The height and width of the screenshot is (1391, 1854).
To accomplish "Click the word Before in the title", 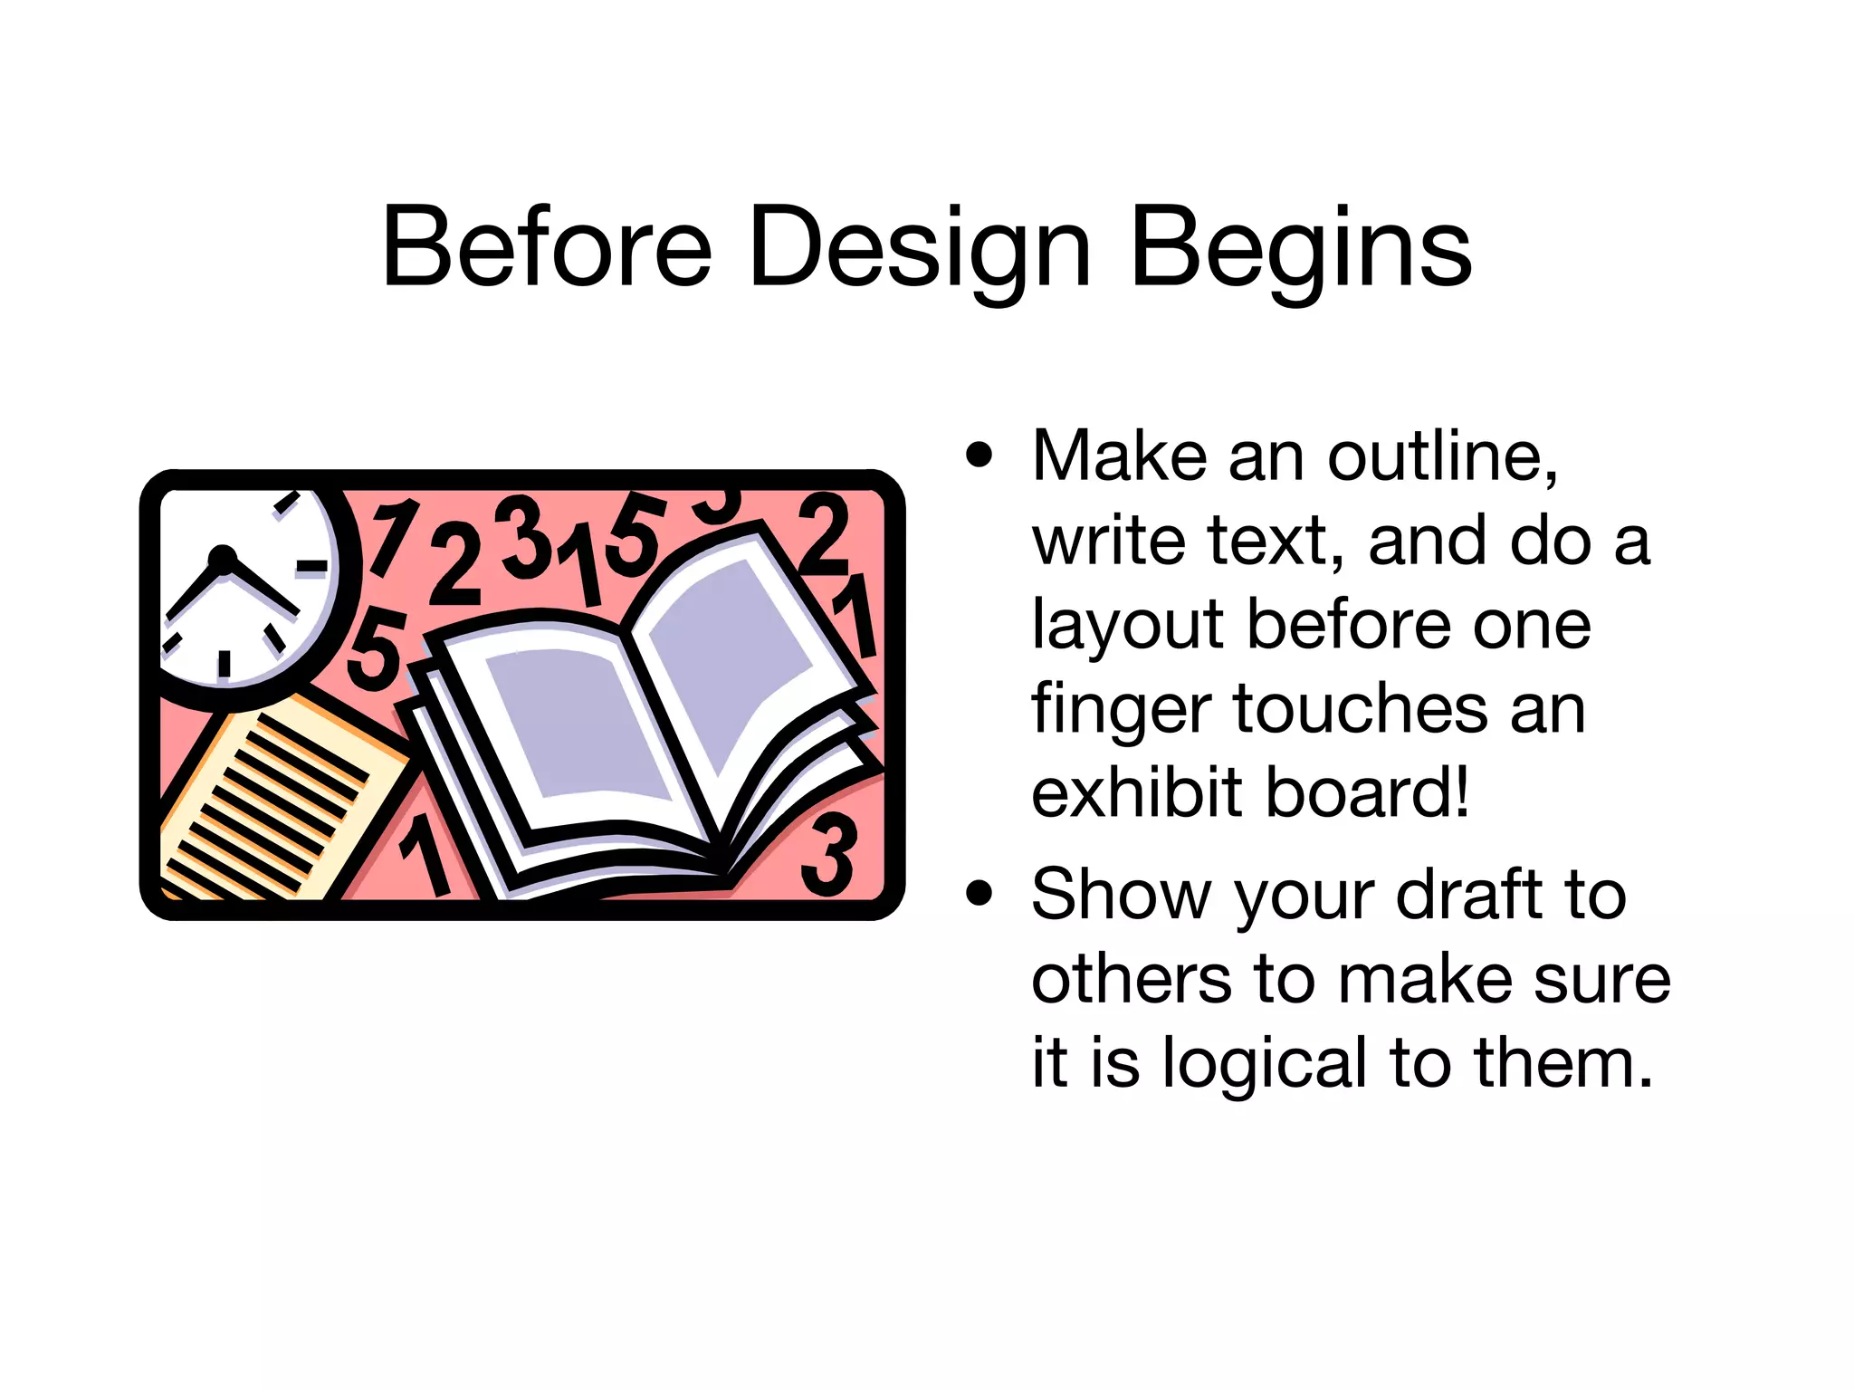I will click(547, 247).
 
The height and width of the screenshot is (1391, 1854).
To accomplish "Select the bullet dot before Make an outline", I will click(980, 455).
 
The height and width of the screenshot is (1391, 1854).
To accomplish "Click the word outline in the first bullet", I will click(1441, 456).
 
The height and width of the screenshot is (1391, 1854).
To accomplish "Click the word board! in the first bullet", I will click(1368, 792).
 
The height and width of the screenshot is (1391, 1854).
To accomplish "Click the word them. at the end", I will click(1563, 1062).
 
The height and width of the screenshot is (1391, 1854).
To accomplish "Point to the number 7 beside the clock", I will click(392, 536).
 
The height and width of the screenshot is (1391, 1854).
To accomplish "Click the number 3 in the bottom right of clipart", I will click(829, 854).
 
